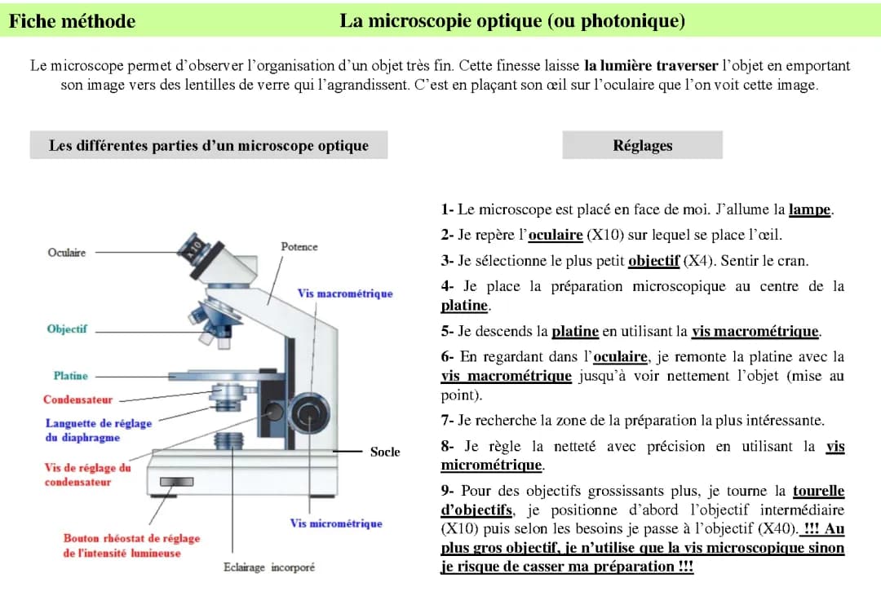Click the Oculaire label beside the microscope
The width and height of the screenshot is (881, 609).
point(67,253)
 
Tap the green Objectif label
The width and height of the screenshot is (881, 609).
point(67,329)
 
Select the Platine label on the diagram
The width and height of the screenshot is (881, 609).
point(70,376)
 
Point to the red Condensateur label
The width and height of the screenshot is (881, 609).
point(78,399)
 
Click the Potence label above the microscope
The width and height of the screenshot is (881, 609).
point(299,246)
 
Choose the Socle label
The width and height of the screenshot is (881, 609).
point(385,451)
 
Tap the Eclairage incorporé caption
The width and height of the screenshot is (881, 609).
point(268,567)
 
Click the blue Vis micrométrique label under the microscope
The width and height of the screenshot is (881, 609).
point(336,523)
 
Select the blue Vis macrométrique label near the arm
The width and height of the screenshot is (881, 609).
point(345,293)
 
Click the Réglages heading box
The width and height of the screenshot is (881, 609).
point(642,146)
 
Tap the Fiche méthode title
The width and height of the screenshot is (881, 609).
point(73,21)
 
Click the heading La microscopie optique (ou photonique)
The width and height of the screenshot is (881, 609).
point(512,21)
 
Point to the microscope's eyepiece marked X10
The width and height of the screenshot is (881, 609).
point(197,245)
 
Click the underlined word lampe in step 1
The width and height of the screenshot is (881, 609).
point(809,210)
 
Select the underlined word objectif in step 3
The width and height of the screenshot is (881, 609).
point(653,261)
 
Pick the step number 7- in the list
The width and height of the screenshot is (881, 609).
point(447,421)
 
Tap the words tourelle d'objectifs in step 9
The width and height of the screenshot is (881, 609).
point(818,492)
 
